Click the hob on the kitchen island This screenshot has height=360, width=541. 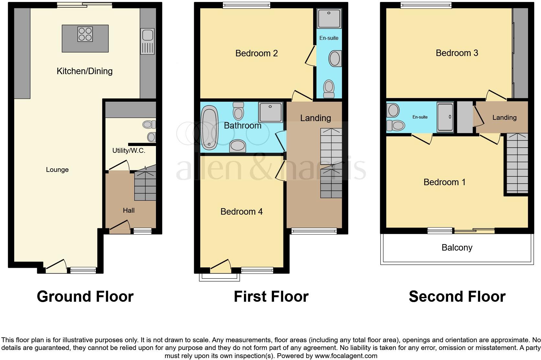tap(85, 34)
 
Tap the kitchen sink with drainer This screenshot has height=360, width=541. tap(148, 41)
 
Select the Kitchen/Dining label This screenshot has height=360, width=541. tap(84, 71)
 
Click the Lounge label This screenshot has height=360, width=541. tap(57, 170)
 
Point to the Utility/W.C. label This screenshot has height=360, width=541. tap(128, 151)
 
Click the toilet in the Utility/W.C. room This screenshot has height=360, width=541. tap(149, 124)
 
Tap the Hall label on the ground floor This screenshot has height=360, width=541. tap(128, 210)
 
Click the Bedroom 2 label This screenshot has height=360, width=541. tap(256, 53)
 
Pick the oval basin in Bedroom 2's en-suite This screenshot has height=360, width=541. tap(335, 59)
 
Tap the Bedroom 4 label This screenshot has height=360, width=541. tap(241, 212)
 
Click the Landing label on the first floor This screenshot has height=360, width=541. tap(315, 118)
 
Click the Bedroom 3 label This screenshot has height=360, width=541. tap(457, 53)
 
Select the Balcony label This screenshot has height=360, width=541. tap(457, 248)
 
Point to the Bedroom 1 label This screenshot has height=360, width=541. tap(444, 182)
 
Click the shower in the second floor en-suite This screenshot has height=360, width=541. tap(445, 117)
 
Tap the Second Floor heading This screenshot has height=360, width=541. tap(457, 297)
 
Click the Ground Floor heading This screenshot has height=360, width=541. tap(85, 297)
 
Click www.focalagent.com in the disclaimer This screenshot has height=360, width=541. tap(346, 356)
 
